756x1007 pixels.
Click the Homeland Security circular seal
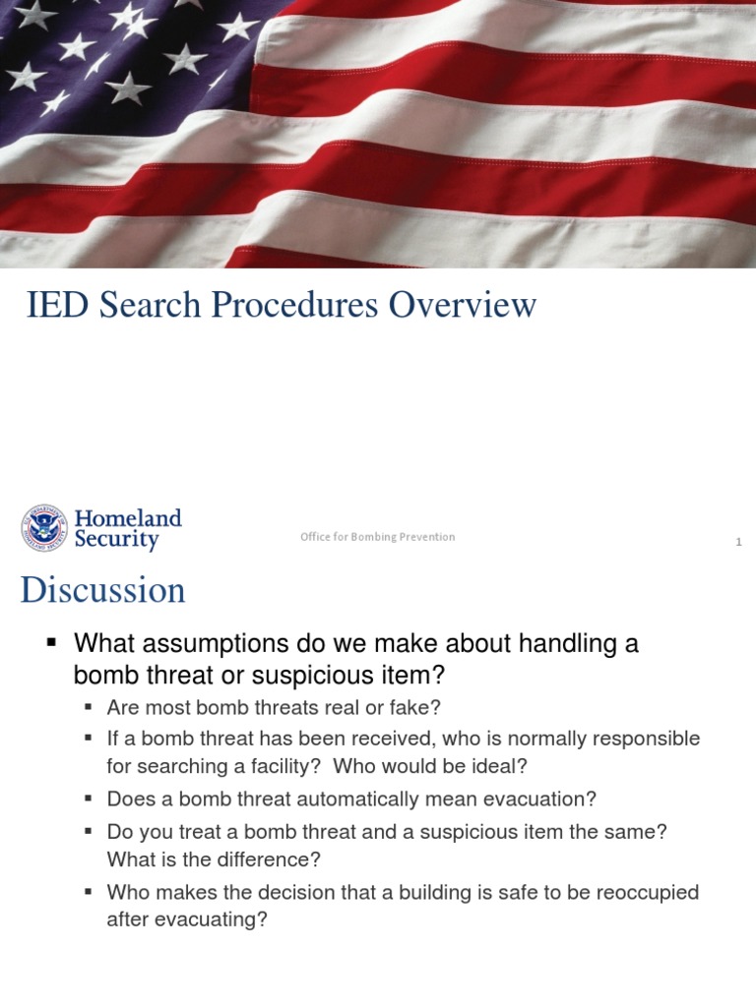click(44, 529)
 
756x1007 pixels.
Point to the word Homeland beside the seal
click(128, 518)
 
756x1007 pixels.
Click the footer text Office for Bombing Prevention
click(378, 537)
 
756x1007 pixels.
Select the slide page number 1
click(738, 543)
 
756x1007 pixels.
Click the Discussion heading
click(102, 591)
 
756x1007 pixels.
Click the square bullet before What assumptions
click(53, 643)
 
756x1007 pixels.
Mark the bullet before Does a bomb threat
click(89, 799)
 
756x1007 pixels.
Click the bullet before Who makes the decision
click(89, 892)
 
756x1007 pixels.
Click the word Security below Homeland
click(117, 540)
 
